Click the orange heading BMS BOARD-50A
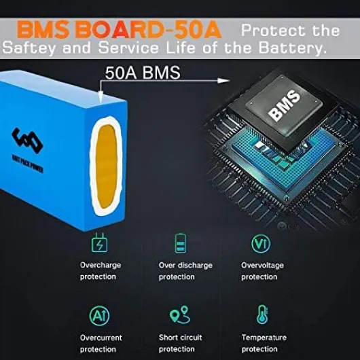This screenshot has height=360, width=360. pyautogui.click(x=119, y=30)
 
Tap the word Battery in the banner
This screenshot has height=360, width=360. pyautogui.click(x=292, y=48)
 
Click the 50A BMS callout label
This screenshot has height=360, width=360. pyautogui.click(x=143, y=73)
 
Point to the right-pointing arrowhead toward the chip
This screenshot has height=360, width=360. pyautogui.click(x=223, y=81)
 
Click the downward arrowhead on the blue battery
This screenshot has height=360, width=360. pyautogui.click(x=101, y=96)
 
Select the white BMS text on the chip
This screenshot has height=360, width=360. pyautogui.click(x=284, y=105)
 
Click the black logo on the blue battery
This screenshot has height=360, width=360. pyautogui.click(x=27, y=141)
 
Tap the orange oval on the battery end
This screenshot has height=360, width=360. pyautogui.click(x=106, y=166)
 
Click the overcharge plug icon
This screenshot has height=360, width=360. pyautogui.click(x=99, y=242)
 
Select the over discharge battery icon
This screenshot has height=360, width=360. pyautogui.click(x=181, y=243)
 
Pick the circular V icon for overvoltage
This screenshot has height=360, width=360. pyautogui.click(x=261, y=244)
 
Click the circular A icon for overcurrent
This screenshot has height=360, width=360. pyautogui.click(x=99, y=316)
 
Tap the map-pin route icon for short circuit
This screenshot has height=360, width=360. pyautogui.click(x=180, y=314)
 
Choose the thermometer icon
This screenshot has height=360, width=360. pyautogui.click(x=262, y=314)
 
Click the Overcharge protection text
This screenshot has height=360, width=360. pyautogui.click(x=101, y=271)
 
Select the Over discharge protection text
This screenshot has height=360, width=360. pyautogui.click(x=185, y=271)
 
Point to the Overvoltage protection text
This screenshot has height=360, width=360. pyautogui.click(x=262, y=271)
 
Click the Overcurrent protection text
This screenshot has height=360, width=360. pyautogui.click(x=101, y=344)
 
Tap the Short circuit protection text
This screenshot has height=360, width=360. pyautogui.click(x=181, y=343)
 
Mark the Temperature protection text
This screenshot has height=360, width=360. pyautogui.click(x=264, y=343)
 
